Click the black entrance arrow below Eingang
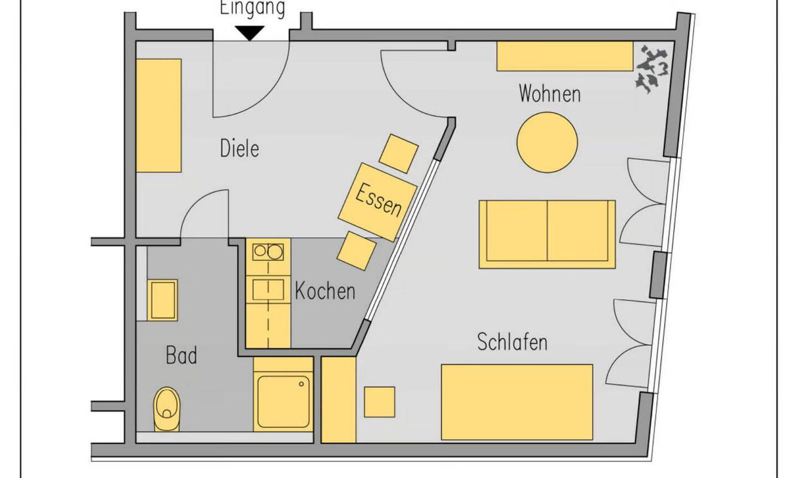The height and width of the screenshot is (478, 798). [250, 34]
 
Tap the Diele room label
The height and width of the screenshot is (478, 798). [239, 149]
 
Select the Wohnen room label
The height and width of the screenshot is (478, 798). [549, 94]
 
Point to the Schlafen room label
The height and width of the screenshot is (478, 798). [512, 342]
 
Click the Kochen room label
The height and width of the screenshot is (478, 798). [324, 291]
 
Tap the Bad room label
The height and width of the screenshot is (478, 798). [181, 355]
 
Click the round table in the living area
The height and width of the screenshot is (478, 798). [547, 142]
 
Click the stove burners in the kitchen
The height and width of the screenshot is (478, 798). [268, 252]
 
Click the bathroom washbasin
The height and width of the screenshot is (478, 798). [163, 300]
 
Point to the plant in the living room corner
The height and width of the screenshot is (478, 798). [652, 69]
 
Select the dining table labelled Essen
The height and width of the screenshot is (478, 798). [378, 201]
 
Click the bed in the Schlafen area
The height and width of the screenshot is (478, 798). [516, 402]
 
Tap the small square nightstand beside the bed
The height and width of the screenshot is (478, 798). [380, 402]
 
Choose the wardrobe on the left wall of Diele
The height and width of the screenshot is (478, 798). [159, 115]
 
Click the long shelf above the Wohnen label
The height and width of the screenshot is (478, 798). [564, 56]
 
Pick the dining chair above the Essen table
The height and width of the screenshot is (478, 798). [397, 153]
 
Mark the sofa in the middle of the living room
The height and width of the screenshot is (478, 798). [547, 234]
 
